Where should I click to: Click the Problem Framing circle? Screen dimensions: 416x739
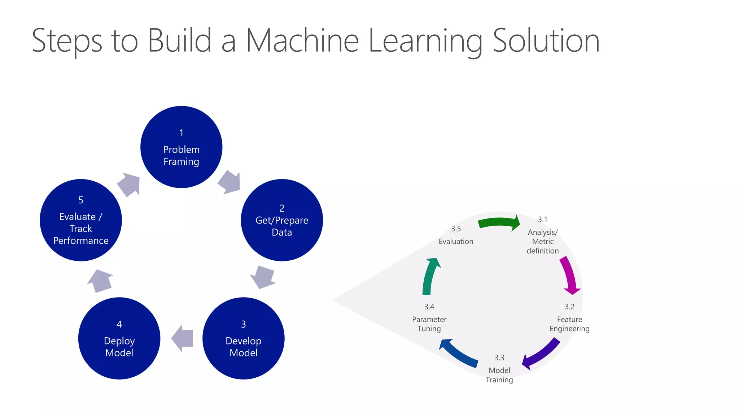click(x=181, y=147)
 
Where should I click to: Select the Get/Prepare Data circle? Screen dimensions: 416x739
click(x=282, y=220)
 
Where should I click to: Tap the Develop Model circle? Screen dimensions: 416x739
click(x=244, y=338)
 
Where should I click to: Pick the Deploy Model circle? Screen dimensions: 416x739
click(x=119, y=338)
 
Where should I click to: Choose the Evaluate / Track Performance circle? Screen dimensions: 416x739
click(x=81, y=220)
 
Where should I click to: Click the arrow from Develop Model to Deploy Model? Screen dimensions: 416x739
click(x=183, y=338)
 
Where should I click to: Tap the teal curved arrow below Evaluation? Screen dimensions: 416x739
click(x=429, y=276)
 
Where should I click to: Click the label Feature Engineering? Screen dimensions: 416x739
click(x=569, y=324)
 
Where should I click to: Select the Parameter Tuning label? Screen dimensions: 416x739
click(x=429, y=324)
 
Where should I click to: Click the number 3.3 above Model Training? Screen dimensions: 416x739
click(x=499, y=357)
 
